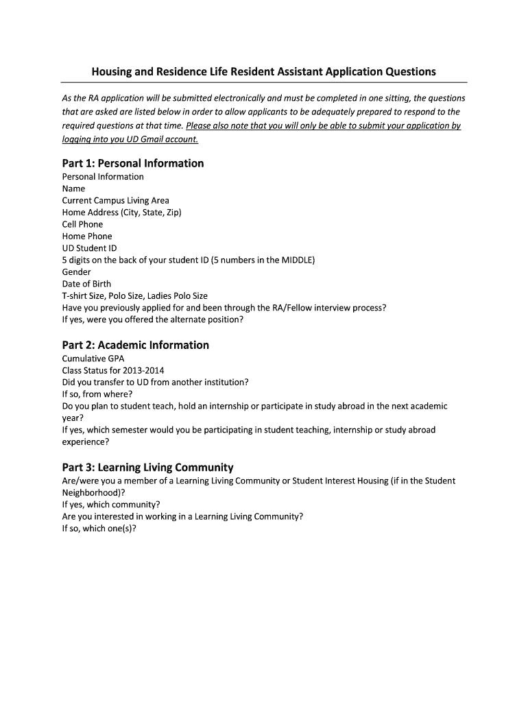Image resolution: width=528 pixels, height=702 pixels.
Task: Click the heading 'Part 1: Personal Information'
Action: pyautogui.click(x=133, y=163)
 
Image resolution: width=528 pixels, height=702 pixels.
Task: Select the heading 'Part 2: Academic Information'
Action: pyautogui.click(x=135, y=345)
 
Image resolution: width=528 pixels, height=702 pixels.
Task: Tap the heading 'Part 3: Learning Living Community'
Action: pyautogui.click(x=147, y=468)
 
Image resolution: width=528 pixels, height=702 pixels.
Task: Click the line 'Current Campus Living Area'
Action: pyautogui.click(x=115, y=200)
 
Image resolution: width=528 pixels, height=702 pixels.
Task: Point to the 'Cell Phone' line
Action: pyautogui.click(x=82, y=224)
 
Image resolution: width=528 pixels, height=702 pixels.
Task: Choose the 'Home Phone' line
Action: pyautogui.click(x=87, y=236)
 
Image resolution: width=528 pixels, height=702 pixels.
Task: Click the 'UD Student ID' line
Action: pyautogui.click(x=89, y=247)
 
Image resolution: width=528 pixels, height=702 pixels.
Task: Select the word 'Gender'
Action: pyautogui.click(x=76, y=271)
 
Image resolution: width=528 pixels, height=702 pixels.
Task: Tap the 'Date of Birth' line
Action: pyautogui.click(x=86, y=284)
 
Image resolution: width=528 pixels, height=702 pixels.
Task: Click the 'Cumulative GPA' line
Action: pyautogui.click(x=93, y=359)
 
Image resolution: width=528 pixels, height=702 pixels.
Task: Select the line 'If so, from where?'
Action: pyautogui.click(x=97, y=394)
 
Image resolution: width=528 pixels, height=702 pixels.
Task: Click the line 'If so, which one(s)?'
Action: pyautogui.click(x=99, y=529)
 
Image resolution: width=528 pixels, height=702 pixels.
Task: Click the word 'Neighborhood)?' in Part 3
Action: pyautogui.click(x=93, y=492)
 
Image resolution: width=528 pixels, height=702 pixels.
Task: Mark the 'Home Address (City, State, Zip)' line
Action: pyautogui.click(x=121, y=212)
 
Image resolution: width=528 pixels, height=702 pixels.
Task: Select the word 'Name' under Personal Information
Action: pyautogui.click(x=73, y=189)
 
